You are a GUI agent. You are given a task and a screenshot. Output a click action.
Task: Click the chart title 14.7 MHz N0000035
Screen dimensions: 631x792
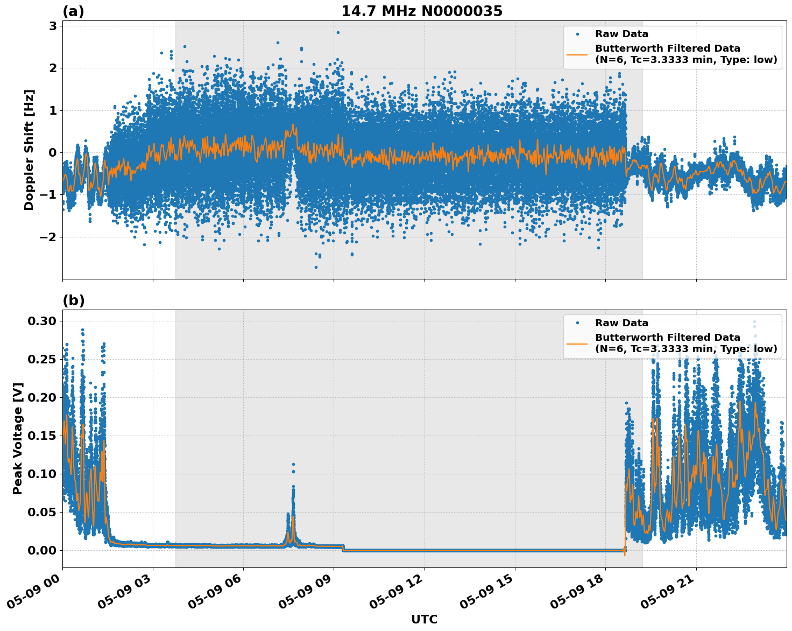[422, 11]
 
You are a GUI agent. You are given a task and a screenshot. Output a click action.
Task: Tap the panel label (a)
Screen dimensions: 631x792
[73, 11]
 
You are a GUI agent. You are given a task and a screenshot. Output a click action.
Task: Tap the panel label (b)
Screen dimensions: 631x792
[73, 300]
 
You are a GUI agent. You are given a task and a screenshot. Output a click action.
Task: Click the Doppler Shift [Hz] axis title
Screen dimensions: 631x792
[29, 150]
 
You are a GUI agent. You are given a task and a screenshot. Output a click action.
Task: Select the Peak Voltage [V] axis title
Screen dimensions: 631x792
[18, 439]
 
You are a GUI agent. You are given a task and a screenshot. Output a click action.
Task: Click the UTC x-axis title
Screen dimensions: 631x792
[424, 619]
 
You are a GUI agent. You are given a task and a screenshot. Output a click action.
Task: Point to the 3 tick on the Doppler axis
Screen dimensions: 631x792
[53, 26]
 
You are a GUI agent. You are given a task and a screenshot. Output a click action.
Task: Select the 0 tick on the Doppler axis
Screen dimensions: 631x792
[53, 152]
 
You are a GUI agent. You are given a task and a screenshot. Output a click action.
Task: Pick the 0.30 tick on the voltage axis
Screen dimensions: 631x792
[42, 321]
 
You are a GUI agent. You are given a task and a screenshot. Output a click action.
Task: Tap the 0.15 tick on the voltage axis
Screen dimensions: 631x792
[42, 436]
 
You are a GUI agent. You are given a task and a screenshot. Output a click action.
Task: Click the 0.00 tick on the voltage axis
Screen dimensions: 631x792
[42, 550]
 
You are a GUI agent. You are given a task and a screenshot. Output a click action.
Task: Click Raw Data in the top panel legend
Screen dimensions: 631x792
[621, 34]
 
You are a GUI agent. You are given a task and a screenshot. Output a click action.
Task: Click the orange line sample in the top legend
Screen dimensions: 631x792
[577, 54]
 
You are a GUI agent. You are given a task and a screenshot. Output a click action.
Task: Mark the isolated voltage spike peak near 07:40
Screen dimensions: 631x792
[293, 464]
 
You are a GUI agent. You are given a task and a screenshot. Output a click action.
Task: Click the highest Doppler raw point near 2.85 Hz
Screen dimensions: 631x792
[338, 32]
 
